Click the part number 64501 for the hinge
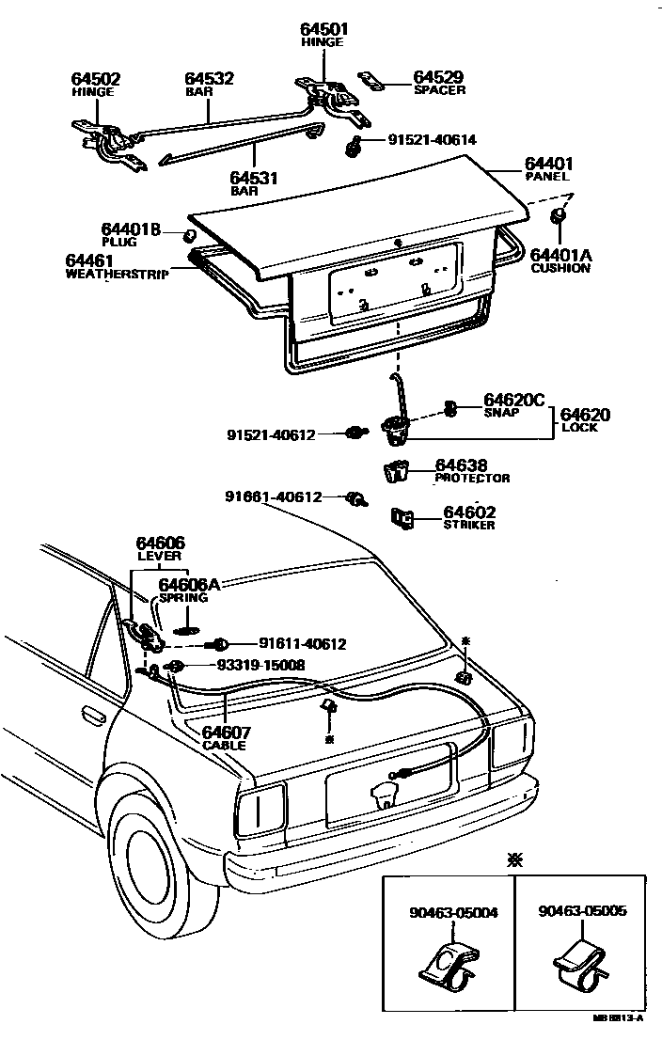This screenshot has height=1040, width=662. (x=322, y=30)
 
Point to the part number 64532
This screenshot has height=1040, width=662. (x=209, y=80)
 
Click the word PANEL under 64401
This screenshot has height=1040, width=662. (x=547, y=176)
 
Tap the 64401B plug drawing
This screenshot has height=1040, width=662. (x=188, y=233)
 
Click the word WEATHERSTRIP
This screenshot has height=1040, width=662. (x=117, y=275)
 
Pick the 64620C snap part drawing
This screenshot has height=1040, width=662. (x=449, y=408)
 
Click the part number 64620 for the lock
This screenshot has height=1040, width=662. (x=586, y=414)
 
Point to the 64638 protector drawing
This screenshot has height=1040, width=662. (x=397, y=470)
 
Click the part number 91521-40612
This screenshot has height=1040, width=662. (x=271, y=434)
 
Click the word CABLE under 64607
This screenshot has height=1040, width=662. (x=224, y=745)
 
